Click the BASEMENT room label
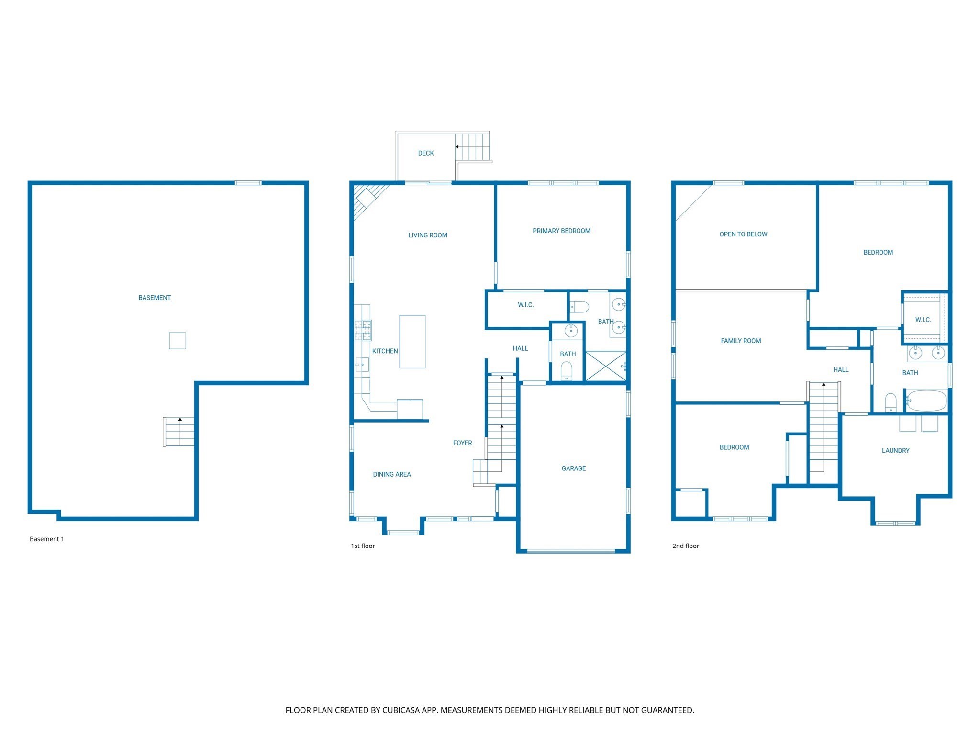click(155, 298)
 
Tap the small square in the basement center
click(178, 341)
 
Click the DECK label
click(426, 153)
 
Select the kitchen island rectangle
click(412, 341)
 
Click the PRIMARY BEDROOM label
click(561, 231)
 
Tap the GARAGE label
click(573, 468)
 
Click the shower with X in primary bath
click(605, 367)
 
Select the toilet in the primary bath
click(579, 307)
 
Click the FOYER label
click(462, 443)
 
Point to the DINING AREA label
click(392, 474)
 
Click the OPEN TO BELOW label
click(743, 234)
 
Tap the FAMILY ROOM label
click(741, 341)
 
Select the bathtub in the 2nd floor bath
click(926, 401)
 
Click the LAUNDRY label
click(895, 450)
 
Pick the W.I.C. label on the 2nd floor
click(923, 320)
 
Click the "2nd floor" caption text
click(685, 546)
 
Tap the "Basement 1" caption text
click(47, 539)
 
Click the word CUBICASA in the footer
click(400, 710)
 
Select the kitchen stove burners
click(363, 330)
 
